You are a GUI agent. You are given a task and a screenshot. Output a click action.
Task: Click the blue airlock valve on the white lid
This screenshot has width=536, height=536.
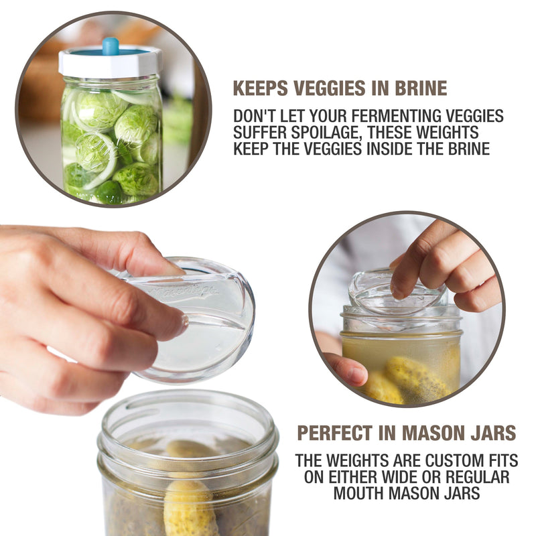[x=111, y=46]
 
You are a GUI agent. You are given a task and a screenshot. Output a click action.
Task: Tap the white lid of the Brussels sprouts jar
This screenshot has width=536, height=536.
[x=111, y=64]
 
